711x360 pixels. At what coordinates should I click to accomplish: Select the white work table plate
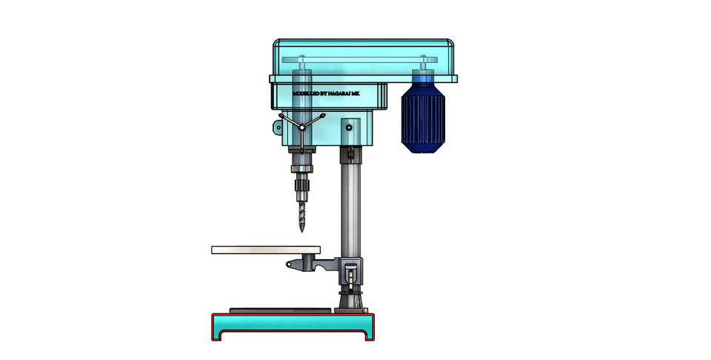point(265,250)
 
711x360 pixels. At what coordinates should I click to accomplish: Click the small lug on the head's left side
point(278,127)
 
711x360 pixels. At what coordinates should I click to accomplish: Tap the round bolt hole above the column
point(349,128)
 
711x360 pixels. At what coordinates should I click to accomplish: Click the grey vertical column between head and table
point(349,207)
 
